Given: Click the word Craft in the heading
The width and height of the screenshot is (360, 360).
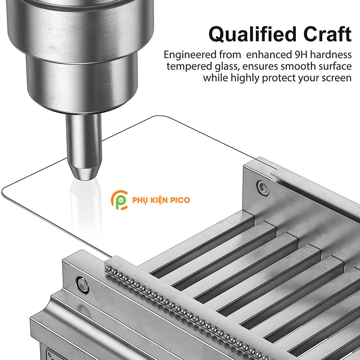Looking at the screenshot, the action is (327, 34).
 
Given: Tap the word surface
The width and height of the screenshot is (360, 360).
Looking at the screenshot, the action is (335, 66).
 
